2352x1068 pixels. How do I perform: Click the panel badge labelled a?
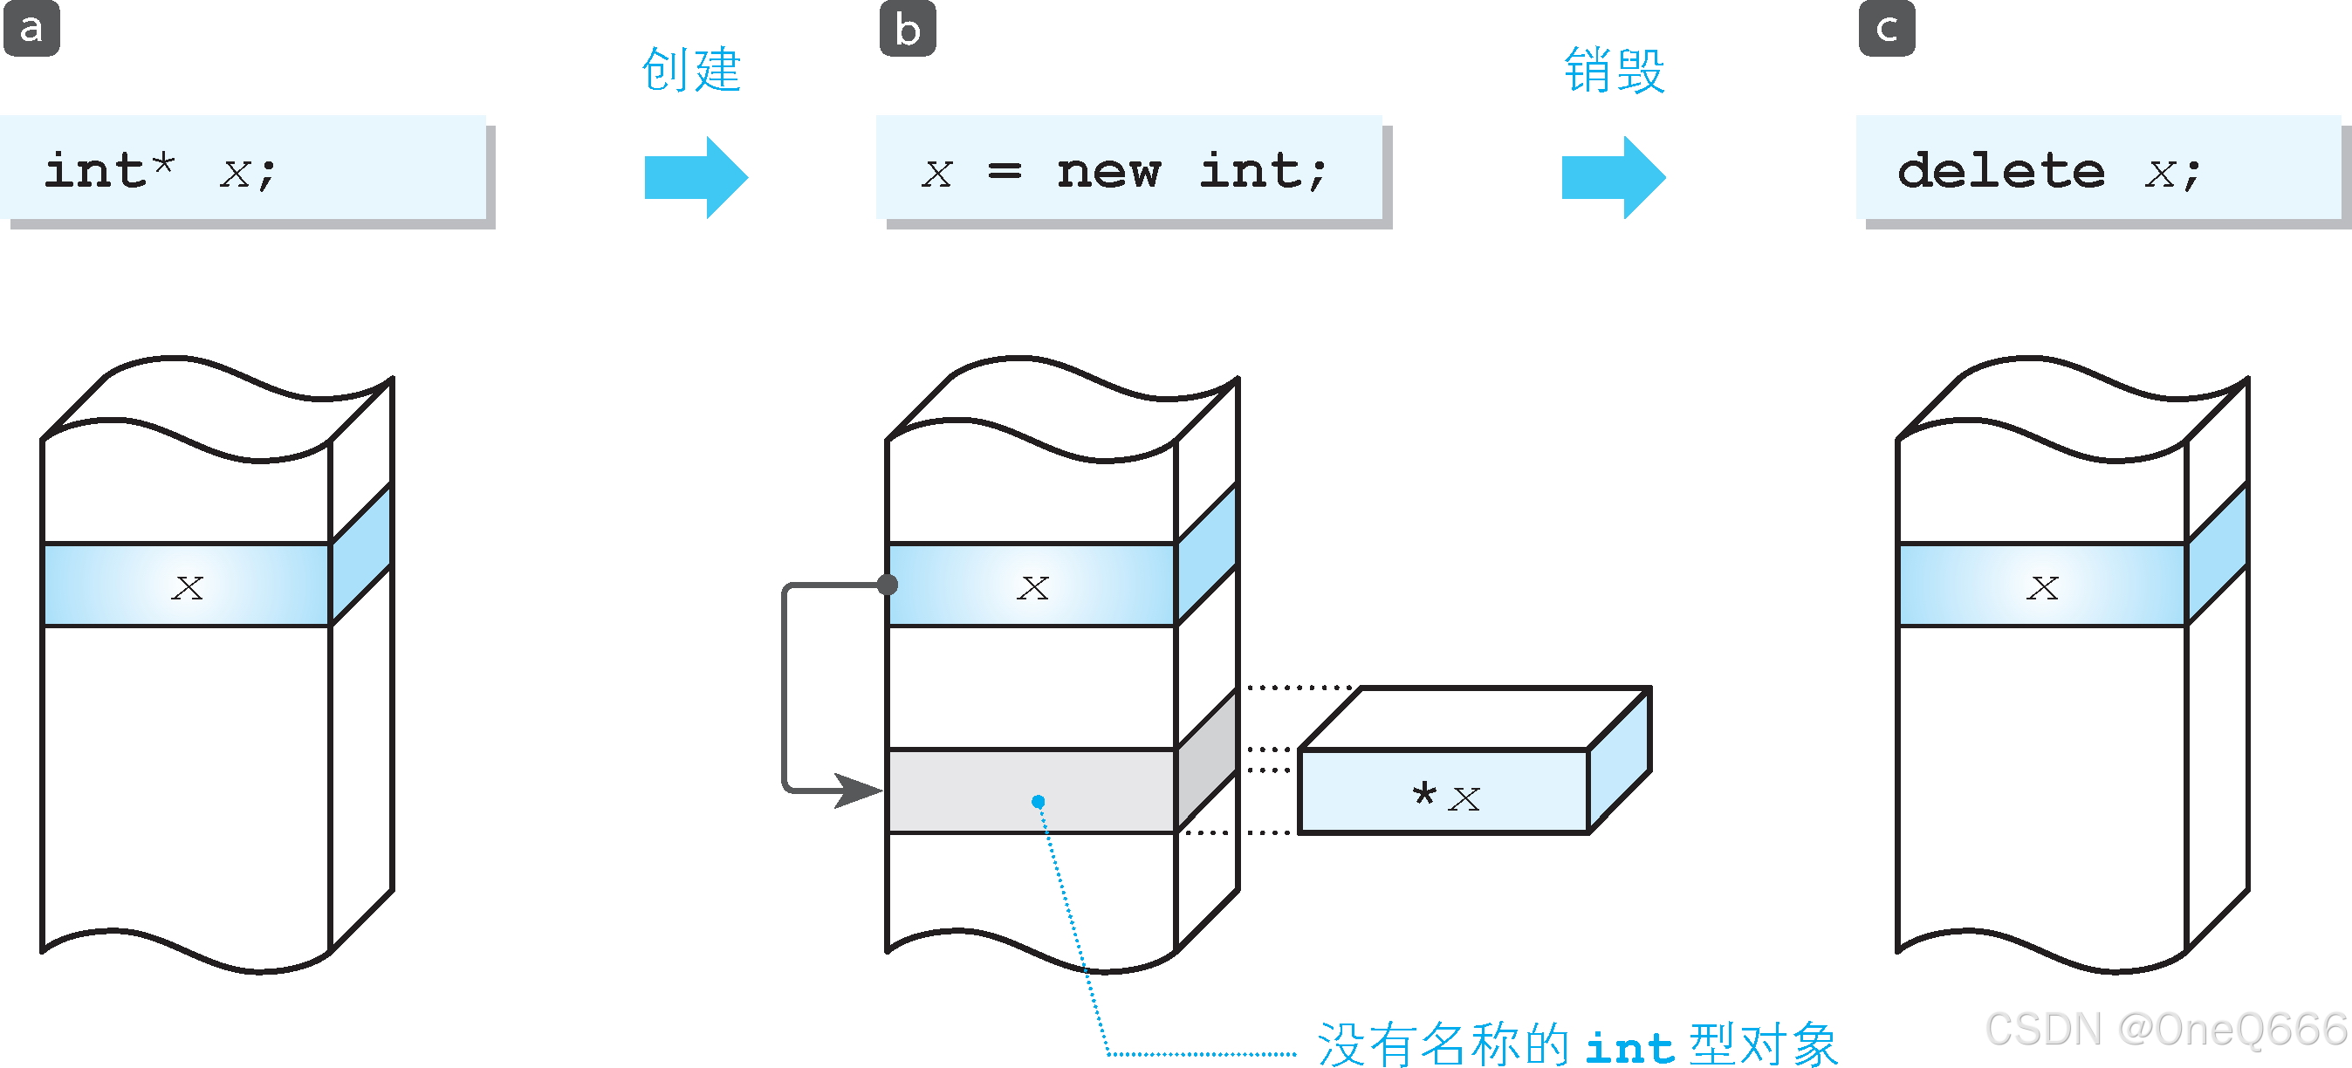31,28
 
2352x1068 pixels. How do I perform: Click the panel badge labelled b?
908,28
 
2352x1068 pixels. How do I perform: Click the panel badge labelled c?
1886,28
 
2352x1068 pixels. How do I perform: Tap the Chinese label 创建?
691,70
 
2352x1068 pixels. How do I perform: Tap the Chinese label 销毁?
1615,70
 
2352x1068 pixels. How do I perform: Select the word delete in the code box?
2000,171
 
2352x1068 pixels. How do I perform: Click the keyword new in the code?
1108,171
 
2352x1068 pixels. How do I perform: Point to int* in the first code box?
110,170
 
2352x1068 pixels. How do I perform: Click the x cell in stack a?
187,585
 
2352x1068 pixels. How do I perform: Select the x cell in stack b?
1032,585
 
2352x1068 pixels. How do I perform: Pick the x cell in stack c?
2041,585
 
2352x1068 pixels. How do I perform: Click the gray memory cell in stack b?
968,791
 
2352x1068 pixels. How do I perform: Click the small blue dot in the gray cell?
1039,802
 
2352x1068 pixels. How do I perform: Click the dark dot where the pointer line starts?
888,585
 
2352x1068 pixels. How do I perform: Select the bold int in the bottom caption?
1629,1047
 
